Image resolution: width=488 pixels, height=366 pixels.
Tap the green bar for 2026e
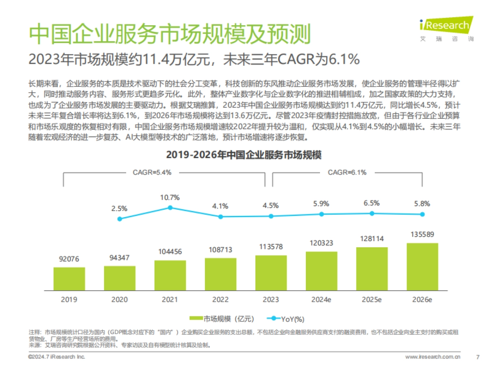point(422,266)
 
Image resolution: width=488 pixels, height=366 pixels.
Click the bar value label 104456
point(170,252)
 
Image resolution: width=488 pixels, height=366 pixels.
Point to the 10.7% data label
point(170,198)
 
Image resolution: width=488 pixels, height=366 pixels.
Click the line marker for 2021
point(170,207)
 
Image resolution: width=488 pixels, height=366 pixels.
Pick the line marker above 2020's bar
point(120,219)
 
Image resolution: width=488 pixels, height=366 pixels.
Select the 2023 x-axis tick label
point(271,300)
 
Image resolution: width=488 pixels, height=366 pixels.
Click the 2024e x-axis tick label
point(321,300)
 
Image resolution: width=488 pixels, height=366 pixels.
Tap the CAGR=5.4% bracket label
point(152,172)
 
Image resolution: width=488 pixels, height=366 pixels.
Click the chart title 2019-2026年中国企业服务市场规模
point(244,155)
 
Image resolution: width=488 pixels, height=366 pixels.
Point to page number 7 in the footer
point(477,357)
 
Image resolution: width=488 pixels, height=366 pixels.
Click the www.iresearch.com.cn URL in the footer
point(433,357)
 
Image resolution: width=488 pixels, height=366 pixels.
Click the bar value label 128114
point(372,239)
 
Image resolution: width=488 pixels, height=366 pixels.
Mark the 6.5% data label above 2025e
point(372,203)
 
